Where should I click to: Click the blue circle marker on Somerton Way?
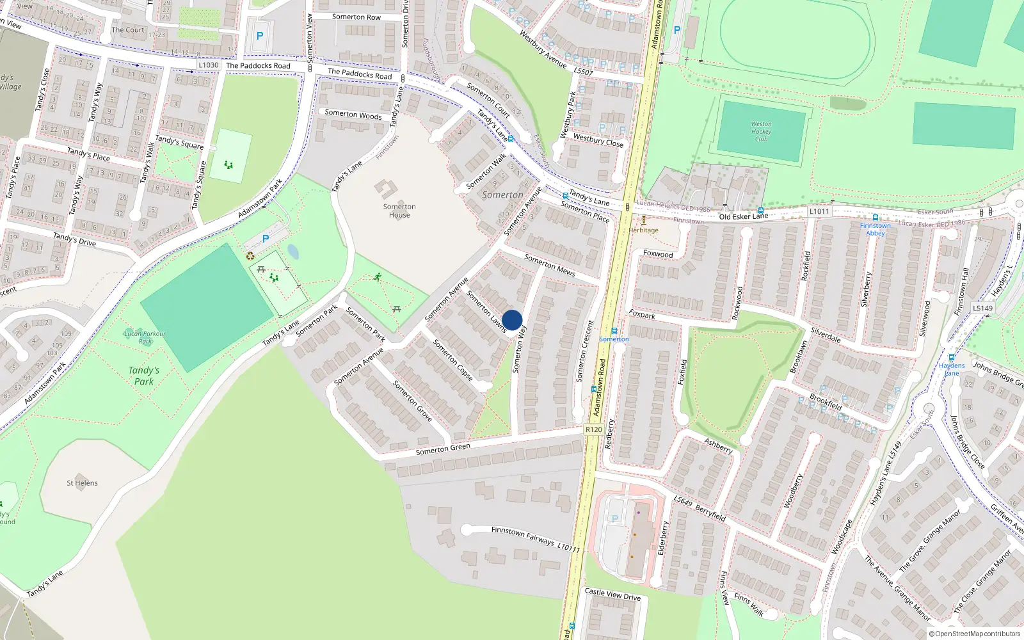(x=512, y=320)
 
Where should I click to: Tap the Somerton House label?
(x=399, y=211)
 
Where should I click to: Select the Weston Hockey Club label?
(x=761, y=131)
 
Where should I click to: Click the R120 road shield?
(x=593, y=429)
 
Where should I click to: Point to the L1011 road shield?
(x=819, y=211)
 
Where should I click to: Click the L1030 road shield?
(x=208, y=65)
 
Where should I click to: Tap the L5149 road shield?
(x=982, y=308)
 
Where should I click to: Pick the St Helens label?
(x=82, y=483)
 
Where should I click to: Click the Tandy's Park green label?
(x=143, y=376)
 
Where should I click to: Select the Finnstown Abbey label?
(x=875, y=229)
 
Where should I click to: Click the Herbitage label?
(x=643, y=230)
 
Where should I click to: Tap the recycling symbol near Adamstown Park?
(x=250, y=256)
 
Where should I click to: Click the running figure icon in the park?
(x=378, y=277)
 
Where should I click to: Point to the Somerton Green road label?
(x=443, y=449)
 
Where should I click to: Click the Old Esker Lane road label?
(x=743, y=216)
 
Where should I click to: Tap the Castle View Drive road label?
(x=612, y=594)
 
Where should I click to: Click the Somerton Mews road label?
(x=550, y=264)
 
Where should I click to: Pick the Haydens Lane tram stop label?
(x=952, y=369)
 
